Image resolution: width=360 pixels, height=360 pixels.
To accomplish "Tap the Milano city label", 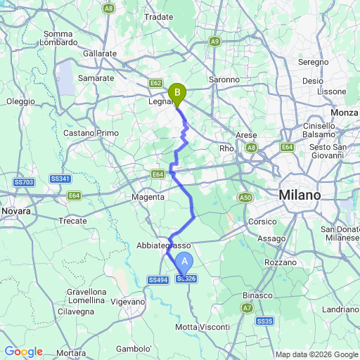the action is pos(300,195).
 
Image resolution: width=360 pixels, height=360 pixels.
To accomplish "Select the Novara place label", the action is pos(16,210).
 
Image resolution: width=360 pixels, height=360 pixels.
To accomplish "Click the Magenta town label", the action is pos(148,197).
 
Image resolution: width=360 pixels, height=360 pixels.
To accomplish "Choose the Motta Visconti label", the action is pos(202,327).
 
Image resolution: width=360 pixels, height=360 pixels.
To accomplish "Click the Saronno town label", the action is pos(224,79).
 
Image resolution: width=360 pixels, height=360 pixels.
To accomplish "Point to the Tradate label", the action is pos(158,16).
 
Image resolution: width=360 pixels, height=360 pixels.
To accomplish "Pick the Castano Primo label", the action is pos(91,132).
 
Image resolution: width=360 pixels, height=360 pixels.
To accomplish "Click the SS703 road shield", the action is pos(23,182).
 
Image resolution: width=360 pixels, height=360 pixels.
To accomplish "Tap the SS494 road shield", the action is pos(157,280).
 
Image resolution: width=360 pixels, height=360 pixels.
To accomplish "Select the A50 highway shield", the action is pos(245,198).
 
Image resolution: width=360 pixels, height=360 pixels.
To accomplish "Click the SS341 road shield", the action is pos(59,179).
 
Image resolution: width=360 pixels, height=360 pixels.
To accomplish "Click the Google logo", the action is pos(23,352).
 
